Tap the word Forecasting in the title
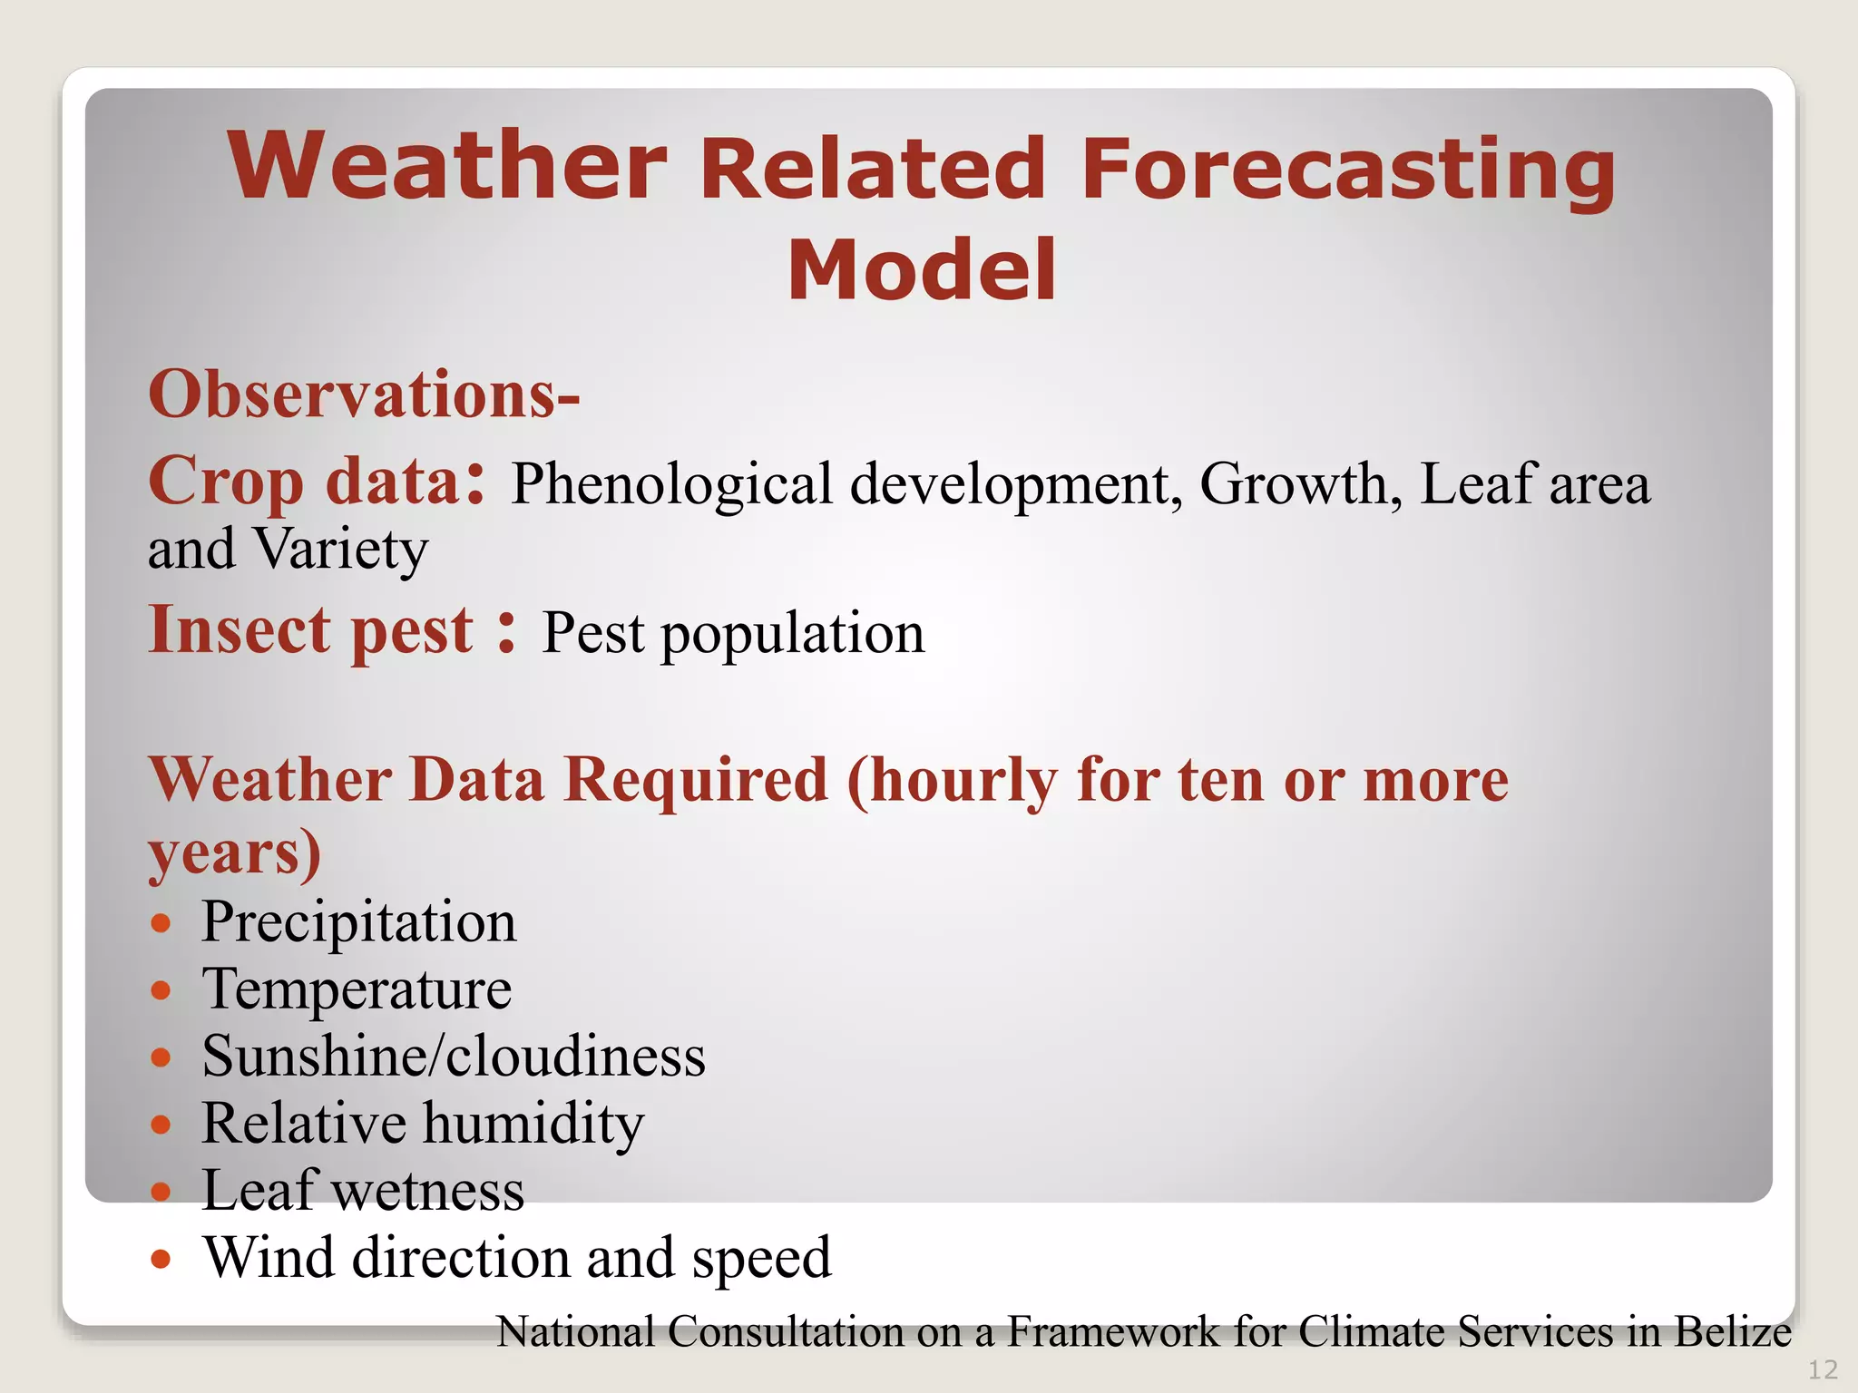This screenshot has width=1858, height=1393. point(1348,170)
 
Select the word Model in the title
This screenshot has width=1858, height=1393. point(922,270)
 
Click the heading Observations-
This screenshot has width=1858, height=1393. point(364,395)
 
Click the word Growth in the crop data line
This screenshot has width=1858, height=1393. point(1294,483)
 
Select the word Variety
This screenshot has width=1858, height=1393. point(340,550)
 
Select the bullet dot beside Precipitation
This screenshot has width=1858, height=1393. point(161,924)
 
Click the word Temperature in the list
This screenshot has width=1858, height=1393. point(357,989)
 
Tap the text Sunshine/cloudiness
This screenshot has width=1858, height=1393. point(453,1057)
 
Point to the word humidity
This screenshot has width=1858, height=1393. point(533,1124)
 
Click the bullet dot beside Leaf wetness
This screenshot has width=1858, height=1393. point(161,1191)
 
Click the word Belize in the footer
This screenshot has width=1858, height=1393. point(1732,1332)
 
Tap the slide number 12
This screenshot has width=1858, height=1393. point(1823,1369)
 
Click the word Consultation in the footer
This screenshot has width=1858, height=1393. point(787,1332)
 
